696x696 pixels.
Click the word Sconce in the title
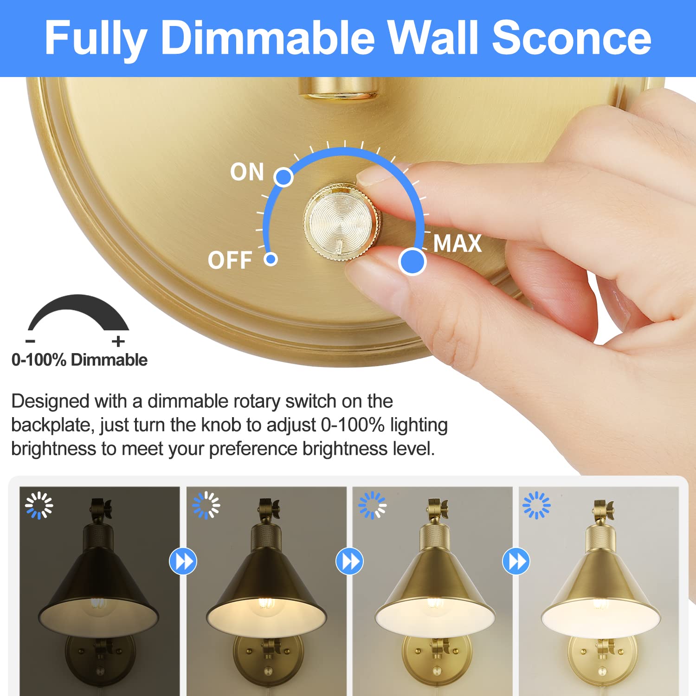(x=572, y=38)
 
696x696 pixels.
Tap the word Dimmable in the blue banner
(x=268, y=38)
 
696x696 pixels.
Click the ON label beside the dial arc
(x=247, y=172)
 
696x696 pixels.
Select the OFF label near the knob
(x=230, y=260)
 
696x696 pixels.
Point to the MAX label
(x=458, y=244)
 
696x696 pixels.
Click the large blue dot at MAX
(x=412, y=262)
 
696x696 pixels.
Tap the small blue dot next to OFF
(x=271, y=259)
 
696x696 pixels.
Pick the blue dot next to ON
(x=284, y=177)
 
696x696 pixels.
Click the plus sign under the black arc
(x=118, y=342)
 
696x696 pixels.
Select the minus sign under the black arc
(x=31, y=342)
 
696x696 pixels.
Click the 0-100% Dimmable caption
(x=79, y=360)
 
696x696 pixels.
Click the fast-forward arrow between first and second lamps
(x=183, y=561)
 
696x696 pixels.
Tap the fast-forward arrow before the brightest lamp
(x=516, y=561)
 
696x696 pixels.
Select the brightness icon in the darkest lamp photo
(x=39, y=505)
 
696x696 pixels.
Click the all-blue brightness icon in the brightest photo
(x=536, y=505)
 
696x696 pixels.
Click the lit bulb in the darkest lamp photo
(x=98, y=603)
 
